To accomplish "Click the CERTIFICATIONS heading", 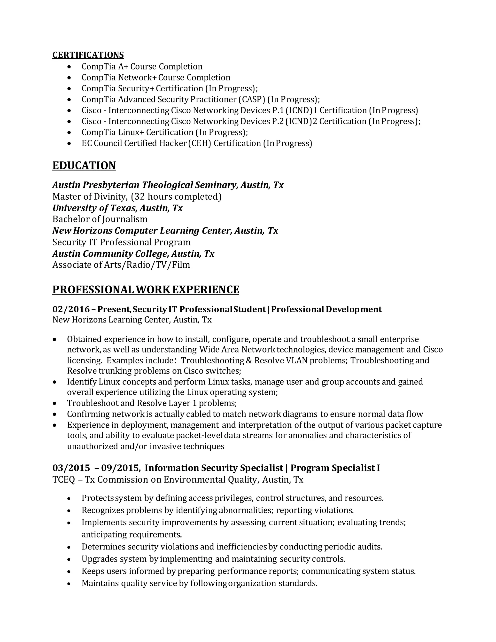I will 88,55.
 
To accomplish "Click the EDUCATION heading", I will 84,165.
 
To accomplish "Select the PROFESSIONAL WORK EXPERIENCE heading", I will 146,290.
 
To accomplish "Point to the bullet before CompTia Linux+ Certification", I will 69,133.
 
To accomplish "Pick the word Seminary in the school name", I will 216,185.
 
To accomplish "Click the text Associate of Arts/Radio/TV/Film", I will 121,265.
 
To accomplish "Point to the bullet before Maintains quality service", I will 69,584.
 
